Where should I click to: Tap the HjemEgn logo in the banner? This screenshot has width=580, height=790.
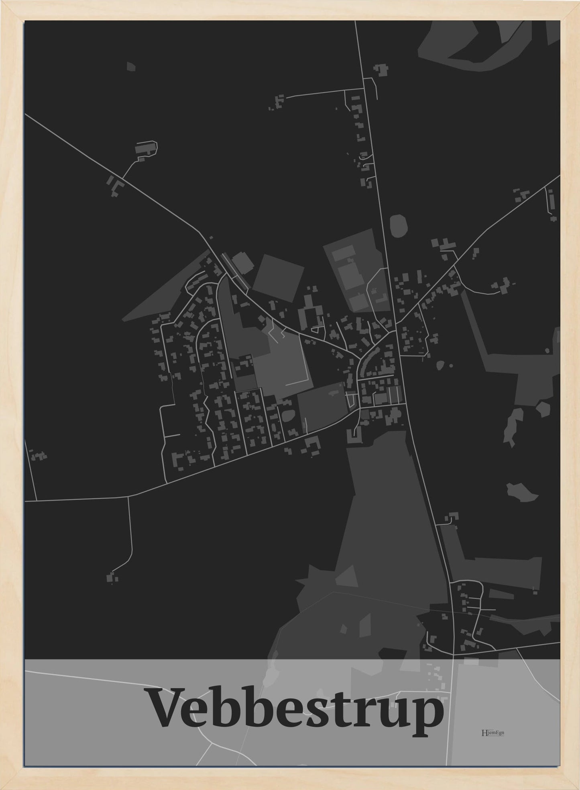coord(492,732)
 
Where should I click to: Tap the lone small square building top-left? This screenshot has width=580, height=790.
coord(131,67)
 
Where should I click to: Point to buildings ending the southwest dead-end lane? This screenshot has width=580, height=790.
coord(112,578)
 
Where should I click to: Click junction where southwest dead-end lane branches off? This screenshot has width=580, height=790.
coord(128,497)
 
